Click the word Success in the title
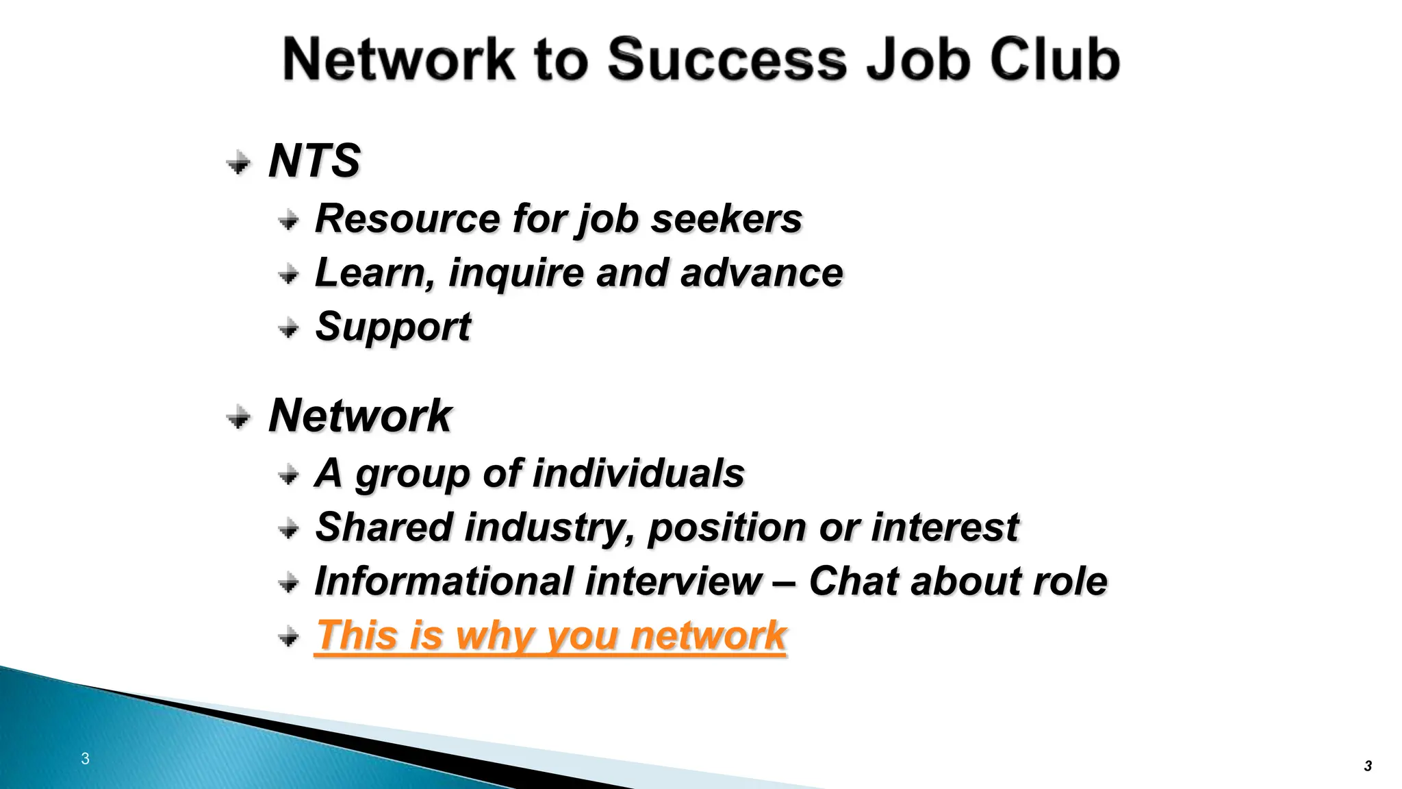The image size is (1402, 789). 727,60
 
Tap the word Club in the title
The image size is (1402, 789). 1054,60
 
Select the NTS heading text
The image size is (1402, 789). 314,161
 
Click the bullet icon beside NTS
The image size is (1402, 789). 238,162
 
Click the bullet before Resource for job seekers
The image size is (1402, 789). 289,221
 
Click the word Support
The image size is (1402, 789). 393,327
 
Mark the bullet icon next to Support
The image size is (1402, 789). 289,329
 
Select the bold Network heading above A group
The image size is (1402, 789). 360,416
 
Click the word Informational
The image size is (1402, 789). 444,581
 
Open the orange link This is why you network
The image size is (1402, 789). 550,636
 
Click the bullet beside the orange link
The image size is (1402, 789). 289,638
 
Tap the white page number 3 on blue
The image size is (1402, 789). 85,758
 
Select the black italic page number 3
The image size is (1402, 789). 1368,766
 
